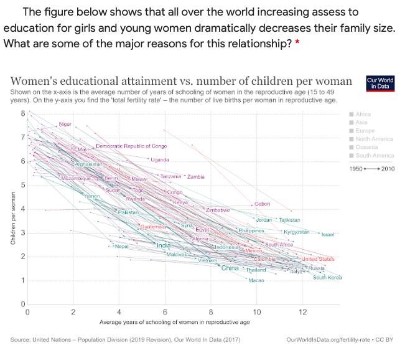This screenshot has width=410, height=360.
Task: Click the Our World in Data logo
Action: tap(380, 83)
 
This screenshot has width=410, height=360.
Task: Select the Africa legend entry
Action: tap(363, 115)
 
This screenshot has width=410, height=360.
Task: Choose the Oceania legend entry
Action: tap(367, 148)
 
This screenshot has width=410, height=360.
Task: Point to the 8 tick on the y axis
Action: tap(23, 113)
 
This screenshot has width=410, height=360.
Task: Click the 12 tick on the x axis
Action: tap(302, 311)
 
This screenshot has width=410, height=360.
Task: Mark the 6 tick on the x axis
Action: tap(165, 311)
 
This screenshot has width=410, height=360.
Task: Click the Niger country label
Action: tap(65, 124)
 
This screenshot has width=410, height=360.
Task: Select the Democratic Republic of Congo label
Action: tap(131, 146)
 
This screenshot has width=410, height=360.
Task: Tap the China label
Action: tap(230, 268)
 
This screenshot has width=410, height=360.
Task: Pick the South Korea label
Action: tap(327, 278)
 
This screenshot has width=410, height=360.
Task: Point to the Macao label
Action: tap(256, 281)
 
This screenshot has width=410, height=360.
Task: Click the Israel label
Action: tap(328, 235)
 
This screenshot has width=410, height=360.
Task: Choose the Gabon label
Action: tap(262, 204)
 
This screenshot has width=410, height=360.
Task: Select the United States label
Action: tap(318, 259)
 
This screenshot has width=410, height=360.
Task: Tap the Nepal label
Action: tap(122, 247)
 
